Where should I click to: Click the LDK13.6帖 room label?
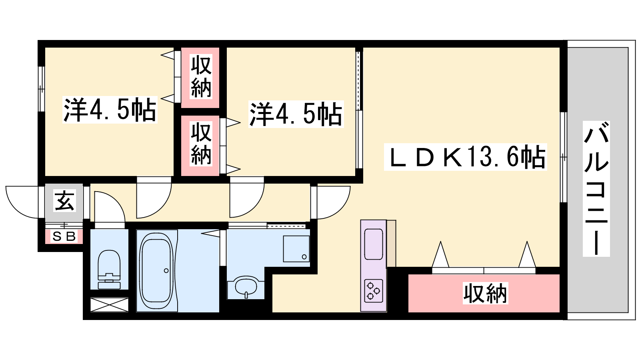click(465, 157)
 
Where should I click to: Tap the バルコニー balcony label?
click(596, 188)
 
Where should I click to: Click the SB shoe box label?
click(64, 236)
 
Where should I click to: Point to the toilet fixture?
click(109, 270)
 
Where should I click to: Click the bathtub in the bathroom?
click(156, 270)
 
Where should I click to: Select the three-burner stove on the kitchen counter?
click(374, 290)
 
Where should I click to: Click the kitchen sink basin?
click(374, 244)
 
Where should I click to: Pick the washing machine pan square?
click(296, 248)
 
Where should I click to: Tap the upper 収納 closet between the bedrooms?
click(200, 77)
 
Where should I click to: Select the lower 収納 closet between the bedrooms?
click(200, 146)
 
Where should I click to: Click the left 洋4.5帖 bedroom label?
click(110, 110)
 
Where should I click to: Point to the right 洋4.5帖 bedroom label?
click(296, 114)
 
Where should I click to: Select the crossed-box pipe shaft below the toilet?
click(109, 304)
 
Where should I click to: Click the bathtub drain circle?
click(166, 270)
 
